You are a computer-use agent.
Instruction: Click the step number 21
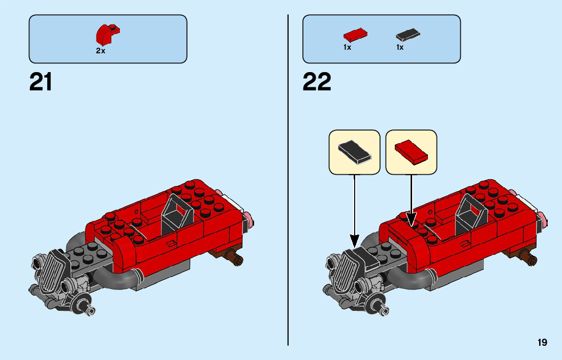41,82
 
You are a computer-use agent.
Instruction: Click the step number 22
317,82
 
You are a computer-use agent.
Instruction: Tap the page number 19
542,343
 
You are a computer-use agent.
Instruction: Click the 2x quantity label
101,51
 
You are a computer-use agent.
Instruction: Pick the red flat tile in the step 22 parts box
355,35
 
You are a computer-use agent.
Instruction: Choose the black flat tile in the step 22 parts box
408,35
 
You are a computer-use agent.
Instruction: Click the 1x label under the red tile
347,47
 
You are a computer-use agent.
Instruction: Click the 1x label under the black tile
400,47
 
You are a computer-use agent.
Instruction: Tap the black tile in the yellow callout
355,151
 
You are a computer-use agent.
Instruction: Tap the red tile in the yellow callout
412,151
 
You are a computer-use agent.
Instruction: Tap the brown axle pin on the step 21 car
235,258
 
